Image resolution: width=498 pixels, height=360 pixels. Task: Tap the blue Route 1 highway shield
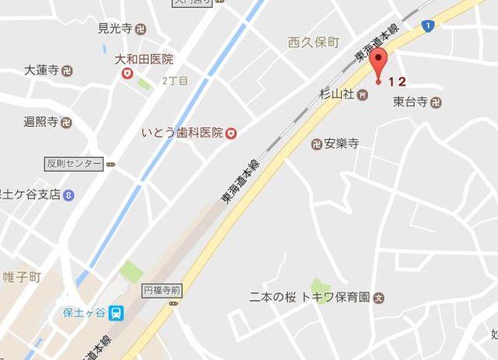click(427, 26)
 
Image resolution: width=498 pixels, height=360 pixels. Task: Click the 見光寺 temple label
click(114, 30)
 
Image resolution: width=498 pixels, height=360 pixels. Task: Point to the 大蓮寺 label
click(41, 69)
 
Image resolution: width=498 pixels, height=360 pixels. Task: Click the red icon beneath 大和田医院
click(128, 73)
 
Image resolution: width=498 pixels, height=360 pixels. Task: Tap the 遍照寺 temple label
click(41, 122)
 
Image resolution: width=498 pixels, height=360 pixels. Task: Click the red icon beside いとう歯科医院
click(230, 134)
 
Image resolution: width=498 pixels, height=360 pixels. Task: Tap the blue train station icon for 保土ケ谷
click(116, 312)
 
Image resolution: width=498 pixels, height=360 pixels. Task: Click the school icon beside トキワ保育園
click(379, 297)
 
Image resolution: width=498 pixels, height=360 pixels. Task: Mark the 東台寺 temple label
click(410, 101)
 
